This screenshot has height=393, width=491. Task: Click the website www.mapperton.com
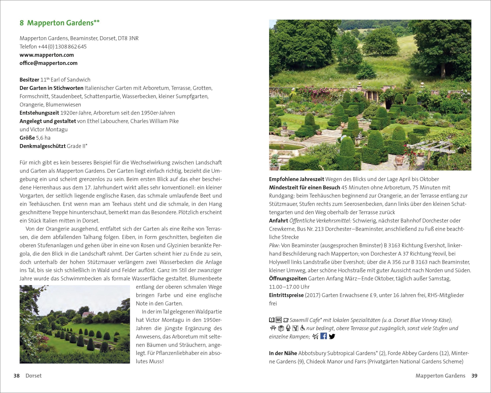click(x=47, y=55)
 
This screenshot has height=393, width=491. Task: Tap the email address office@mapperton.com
click(x=48, y=63)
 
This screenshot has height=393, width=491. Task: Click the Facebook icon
click(x=323, y=336)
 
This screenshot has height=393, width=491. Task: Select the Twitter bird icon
click(x=332, y=337)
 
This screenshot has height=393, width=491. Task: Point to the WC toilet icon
click(x=279, y=320)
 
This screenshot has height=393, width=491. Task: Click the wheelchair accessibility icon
click(x=303, y=328)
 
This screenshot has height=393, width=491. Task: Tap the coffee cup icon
click(x=286, y=320)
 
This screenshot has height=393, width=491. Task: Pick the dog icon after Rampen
click(x=315, y=337)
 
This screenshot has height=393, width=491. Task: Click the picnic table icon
click(x=273, y=328)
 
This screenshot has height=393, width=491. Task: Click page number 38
click(x=17, y=376)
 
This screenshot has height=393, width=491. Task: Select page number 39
click(x=474, y=376)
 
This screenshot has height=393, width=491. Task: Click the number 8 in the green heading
click(x=21, y=23)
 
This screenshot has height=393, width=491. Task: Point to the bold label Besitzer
click(x=29, y=80)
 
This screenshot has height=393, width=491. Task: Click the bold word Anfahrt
click(x=278, y=221)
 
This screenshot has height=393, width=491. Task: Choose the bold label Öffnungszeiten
click(x=288, y=279)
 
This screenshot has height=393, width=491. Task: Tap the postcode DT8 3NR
click(x=128, y=38)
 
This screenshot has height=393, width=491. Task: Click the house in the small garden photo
click(x=88, y=314)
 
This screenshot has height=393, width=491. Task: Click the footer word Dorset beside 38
click(x=33, y=376)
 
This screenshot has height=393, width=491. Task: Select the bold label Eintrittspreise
click(x=286, y=295)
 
